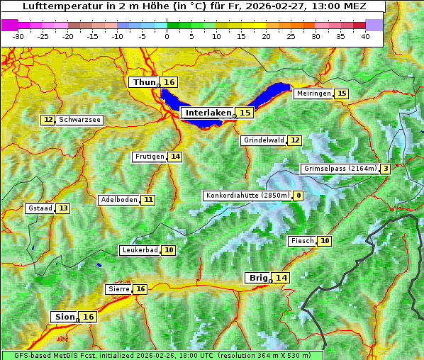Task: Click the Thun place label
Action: tap(144, 83)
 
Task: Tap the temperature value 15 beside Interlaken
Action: tap(245, 113)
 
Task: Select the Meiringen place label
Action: tap(313, 94)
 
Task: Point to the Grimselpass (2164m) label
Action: tap(340, 169)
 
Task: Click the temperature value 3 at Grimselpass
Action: tap(385, 169)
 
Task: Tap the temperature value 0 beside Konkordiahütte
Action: tap(299, 196)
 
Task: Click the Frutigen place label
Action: tap(150, 157)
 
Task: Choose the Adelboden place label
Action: tap(118, 200)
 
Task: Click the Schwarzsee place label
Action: tap(79, 120)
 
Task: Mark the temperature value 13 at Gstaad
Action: tap(63, 208)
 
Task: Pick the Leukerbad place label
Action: tap(139, 250)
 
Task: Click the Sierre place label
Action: tap(118, 289)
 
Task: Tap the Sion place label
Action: tap(64, 317)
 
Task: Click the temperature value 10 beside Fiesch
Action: tap(325, 241)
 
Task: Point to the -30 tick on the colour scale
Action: tap(18, 36)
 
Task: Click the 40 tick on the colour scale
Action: tap(365, 36)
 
